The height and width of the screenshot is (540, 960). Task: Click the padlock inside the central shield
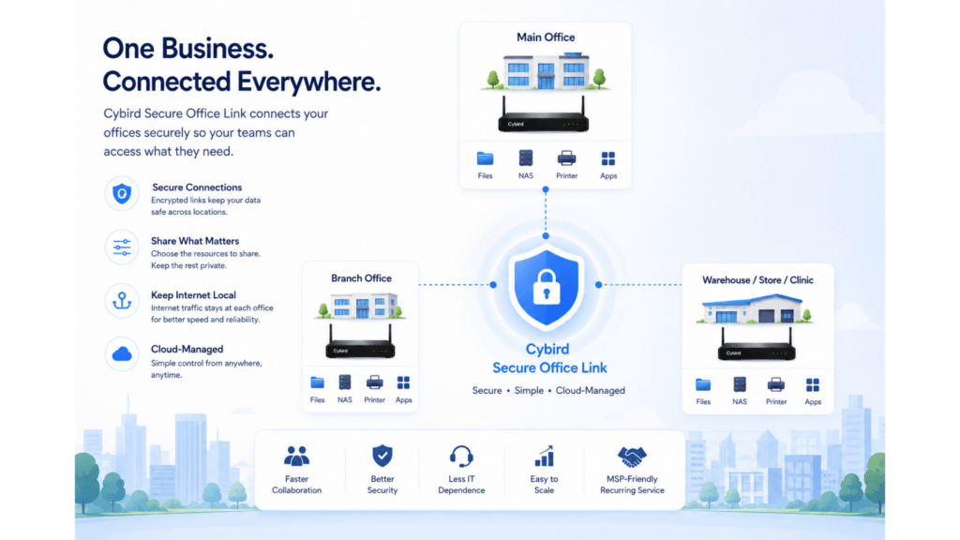547,287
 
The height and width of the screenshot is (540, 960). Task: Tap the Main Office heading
546,37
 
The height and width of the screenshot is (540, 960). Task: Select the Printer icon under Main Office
566,158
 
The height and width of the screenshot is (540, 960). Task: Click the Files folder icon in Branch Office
317,382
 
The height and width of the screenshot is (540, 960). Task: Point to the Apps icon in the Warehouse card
813,385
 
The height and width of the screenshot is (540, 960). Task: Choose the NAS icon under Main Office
525,157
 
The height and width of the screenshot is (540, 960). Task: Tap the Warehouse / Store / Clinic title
757,280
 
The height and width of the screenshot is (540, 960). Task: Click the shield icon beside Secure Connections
122,194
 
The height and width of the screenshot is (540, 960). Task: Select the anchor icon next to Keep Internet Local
122,301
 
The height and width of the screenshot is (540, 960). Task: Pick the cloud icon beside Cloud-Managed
122,353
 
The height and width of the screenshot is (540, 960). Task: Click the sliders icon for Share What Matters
122,247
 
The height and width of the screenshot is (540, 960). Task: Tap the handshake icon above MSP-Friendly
632,457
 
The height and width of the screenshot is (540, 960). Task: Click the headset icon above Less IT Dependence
461,457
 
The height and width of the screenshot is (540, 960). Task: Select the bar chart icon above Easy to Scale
544,457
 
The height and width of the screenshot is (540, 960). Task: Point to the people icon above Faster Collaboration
296,457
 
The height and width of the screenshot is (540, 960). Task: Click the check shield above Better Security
382,457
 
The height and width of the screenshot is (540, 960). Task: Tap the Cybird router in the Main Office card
543,115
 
